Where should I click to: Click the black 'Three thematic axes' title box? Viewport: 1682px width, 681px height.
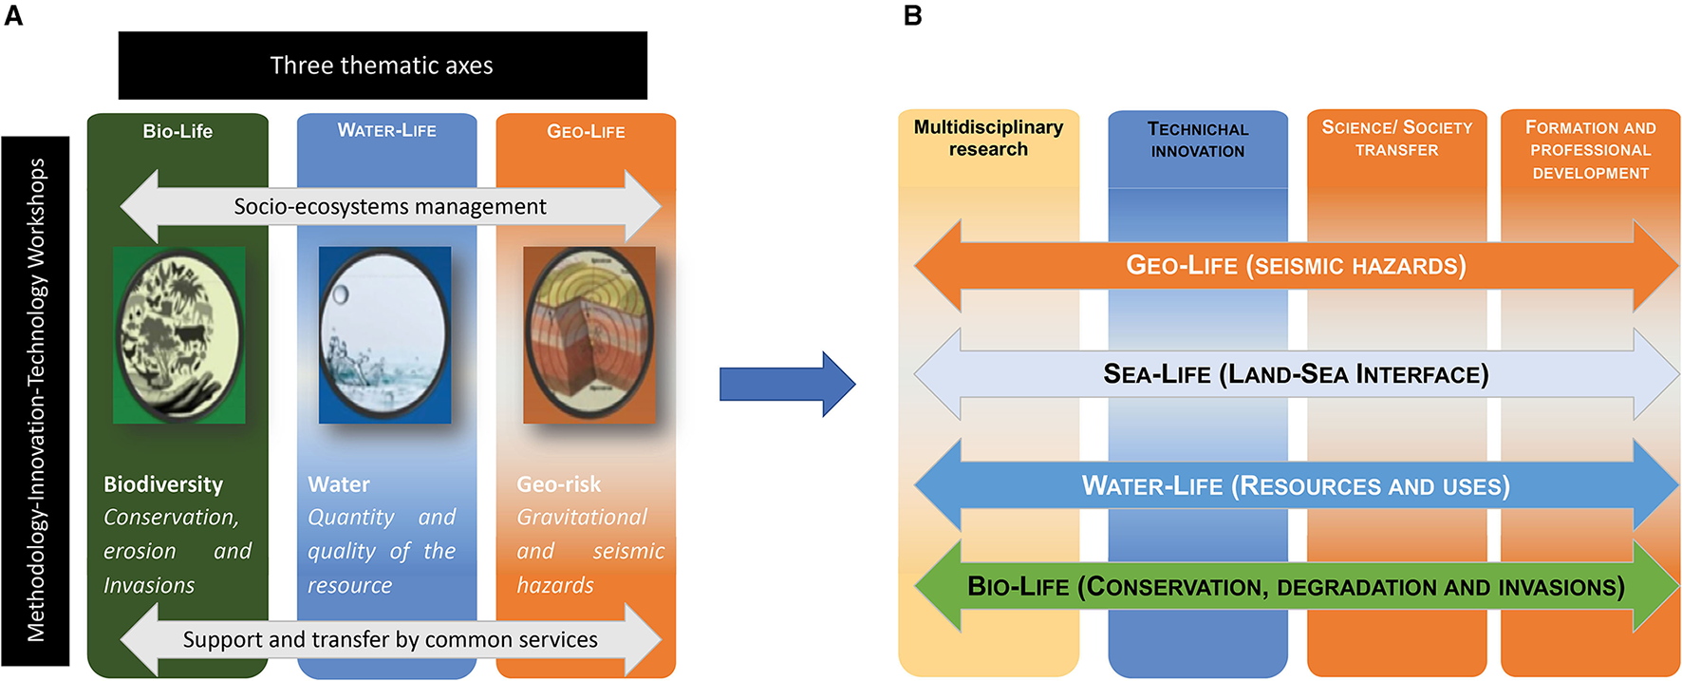(x=382, y=66)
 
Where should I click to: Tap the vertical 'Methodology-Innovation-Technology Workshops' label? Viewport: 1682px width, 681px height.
(x=36, y=400)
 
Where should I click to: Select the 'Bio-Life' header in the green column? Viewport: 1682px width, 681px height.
(x=178, y=131)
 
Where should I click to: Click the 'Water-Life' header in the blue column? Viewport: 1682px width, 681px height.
(x=386, y=130)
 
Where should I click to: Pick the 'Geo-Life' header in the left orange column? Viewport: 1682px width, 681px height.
(x=586, y=131)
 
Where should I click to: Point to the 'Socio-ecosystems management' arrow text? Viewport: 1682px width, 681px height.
(x=390, y=206)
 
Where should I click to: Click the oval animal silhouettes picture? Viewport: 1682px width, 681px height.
(x=179, y=334)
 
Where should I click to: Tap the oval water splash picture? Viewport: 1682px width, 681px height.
(x=384, y=334)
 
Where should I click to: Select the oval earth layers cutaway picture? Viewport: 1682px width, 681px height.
(x=589, y=334)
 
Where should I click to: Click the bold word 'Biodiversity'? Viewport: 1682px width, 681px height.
(x=163, y=484)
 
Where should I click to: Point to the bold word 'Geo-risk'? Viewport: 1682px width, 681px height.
(x=558, y=484)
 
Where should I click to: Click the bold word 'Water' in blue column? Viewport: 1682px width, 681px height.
(x=339, y=484)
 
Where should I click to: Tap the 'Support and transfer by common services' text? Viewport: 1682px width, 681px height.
(x=390, y=639)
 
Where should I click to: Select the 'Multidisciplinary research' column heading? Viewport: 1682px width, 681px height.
(x=988, y=138)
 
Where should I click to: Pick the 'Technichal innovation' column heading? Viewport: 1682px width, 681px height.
(x=1197, y=140)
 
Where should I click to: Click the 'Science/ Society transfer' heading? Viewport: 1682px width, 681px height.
(x=1396, y=138)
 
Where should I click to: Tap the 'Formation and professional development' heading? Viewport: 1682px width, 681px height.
(x=1590, y=150)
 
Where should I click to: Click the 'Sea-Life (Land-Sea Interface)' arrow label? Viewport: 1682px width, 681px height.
(x=1296, y=374)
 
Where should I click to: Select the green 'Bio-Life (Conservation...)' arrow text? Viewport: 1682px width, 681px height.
(x=1296, y=587)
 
